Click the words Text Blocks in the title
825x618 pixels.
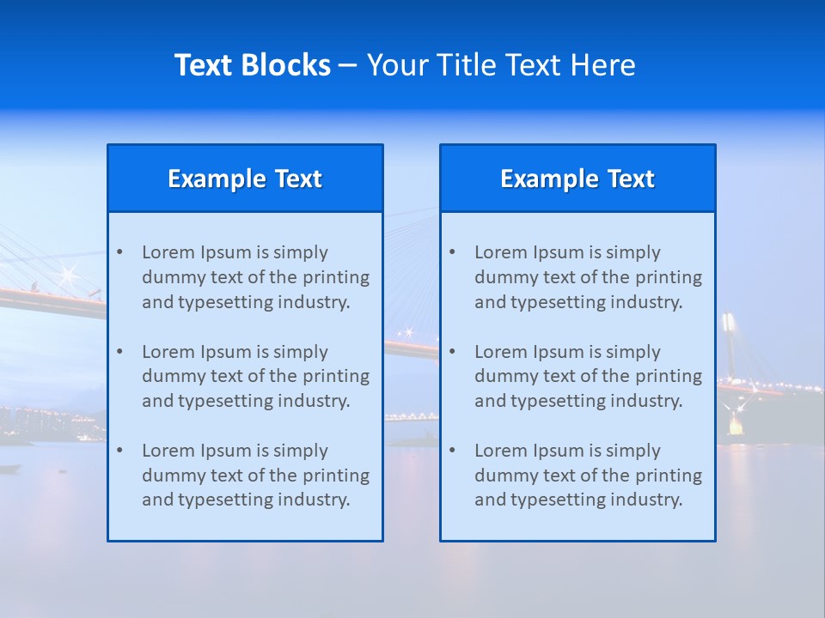click(252, 65)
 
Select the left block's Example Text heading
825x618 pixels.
click(245, 179)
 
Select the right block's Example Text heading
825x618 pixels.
click(577, 179)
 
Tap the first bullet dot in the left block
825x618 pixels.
click(120, 252)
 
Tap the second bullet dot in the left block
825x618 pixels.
click(120, 352)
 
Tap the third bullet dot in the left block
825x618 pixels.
click(120, 451)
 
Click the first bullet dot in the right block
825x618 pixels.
click(453, 252)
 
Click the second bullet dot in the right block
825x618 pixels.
click(453, 352)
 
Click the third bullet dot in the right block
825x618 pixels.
click(453, 451)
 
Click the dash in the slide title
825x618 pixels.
click(348, 65)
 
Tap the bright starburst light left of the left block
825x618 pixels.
click(66, 276)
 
